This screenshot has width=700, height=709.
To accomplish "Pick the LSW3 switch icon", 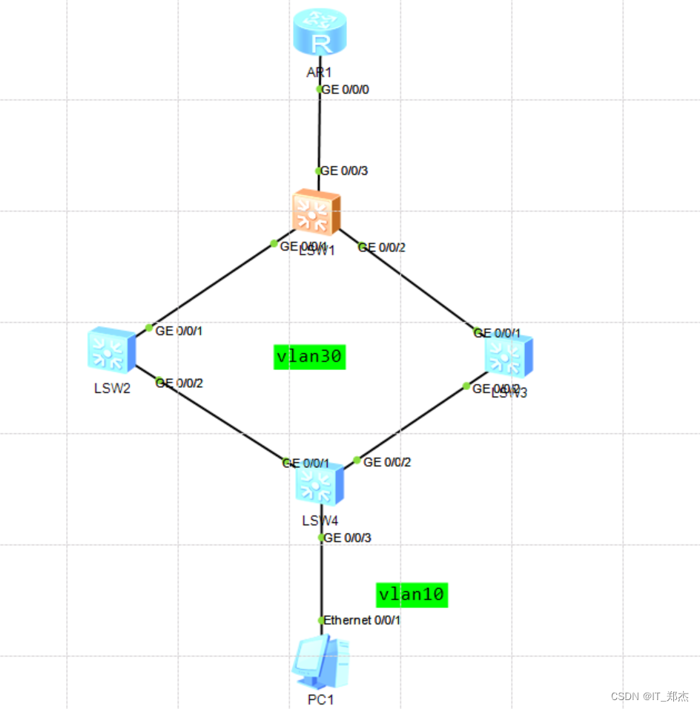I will tap(509, 356).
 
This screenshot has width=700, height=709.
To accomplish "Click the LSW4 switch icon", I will tap(320, 484).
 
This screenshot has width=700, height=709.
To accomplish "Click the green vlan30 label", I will tap(308, 357).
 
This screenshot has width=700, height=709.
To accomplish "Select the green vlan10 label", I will tap(412, 594).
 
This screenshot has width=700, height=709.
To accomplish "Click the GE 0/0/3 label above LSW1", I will tap(345, 171).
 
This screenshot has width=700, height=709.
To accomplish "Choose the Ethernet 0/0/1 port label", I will tap(362, 620).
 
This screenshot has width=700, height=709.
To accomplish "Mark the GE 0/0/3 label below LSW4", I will tap(348, 538).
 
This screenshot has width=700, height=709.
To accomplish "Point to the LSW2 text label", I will tap(112, 388).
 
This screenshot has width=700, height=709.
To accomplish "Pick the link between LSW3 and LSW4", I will tap(412, 423).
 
